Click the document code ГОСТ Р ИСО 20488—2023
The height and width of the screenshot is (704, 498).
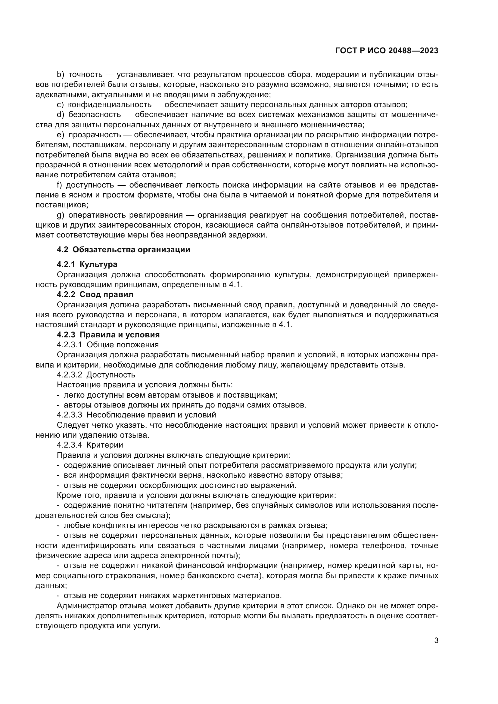pos(387,51)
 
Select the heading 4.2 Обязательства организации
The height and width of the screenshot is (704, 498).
pos(123,250)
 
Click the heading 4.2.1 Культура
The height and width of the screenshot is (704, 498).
pos(87,264)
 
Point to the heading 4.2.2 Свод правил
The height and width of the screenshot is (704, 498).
pos(95,295)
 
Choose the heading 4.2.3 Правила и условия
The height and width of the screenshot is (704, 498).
pos(108,334)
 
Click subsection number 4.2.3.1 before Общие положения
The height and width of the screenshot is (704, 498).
pos(69,345)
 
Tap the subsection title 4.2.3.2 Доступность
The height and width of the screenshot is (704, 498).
pos(96,375)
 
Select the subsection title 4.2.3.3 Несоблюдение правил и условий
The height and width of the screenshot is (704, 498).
pos(136,415)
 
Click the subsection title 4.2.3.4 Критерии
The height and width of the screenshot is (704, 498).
pos(90,445)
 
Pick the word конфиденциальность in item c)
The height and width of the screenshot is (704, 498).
pos(110,104)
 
